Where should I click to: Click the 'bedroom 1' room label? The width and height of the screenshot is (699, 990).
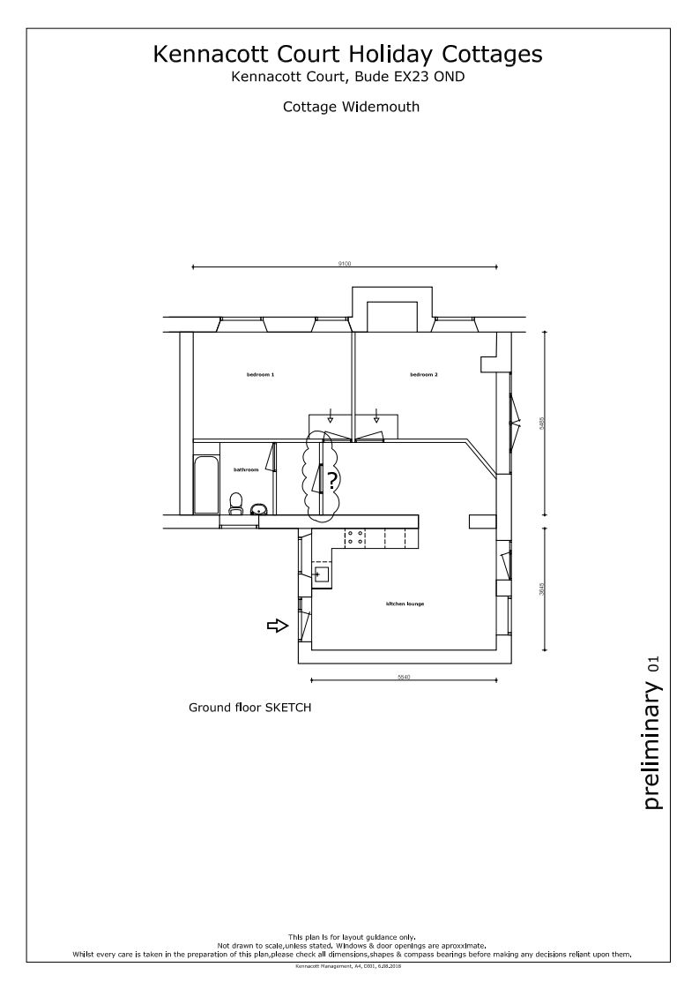pyautogui.click(x=260, y=375)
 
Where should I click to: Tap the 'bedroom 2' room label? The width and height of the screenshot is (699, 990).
pyautogui.click(x=423, y=375)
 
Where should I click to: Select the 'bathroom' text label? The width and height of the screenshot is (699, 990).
pyautogui.click(x=246, y=470)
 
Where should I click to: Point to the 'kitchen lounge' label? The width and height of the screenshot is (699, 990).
pyautogui.click(x=405, y=604)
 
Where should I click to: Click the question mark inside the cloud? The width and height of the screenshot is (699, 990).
pyautogui.click(x=331, y=481)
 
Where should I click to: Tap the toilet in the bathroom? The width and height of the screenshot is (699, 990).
pyautogui.click(x=235, y=504)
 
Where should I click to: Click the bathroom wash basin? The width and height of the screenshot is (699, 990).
pyautogui.click(x=259, y=509)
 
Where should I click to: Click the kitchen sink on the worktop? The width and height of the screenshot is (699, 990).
pyautogui.click(x=321, y=574)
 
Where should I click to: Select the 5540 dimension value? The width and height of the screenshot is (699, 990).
pyautogui.click(x=405, y=677)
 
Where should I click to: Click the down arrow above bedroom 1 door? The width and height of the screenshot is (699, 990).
pyautogui.click(x=331, y=415)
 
